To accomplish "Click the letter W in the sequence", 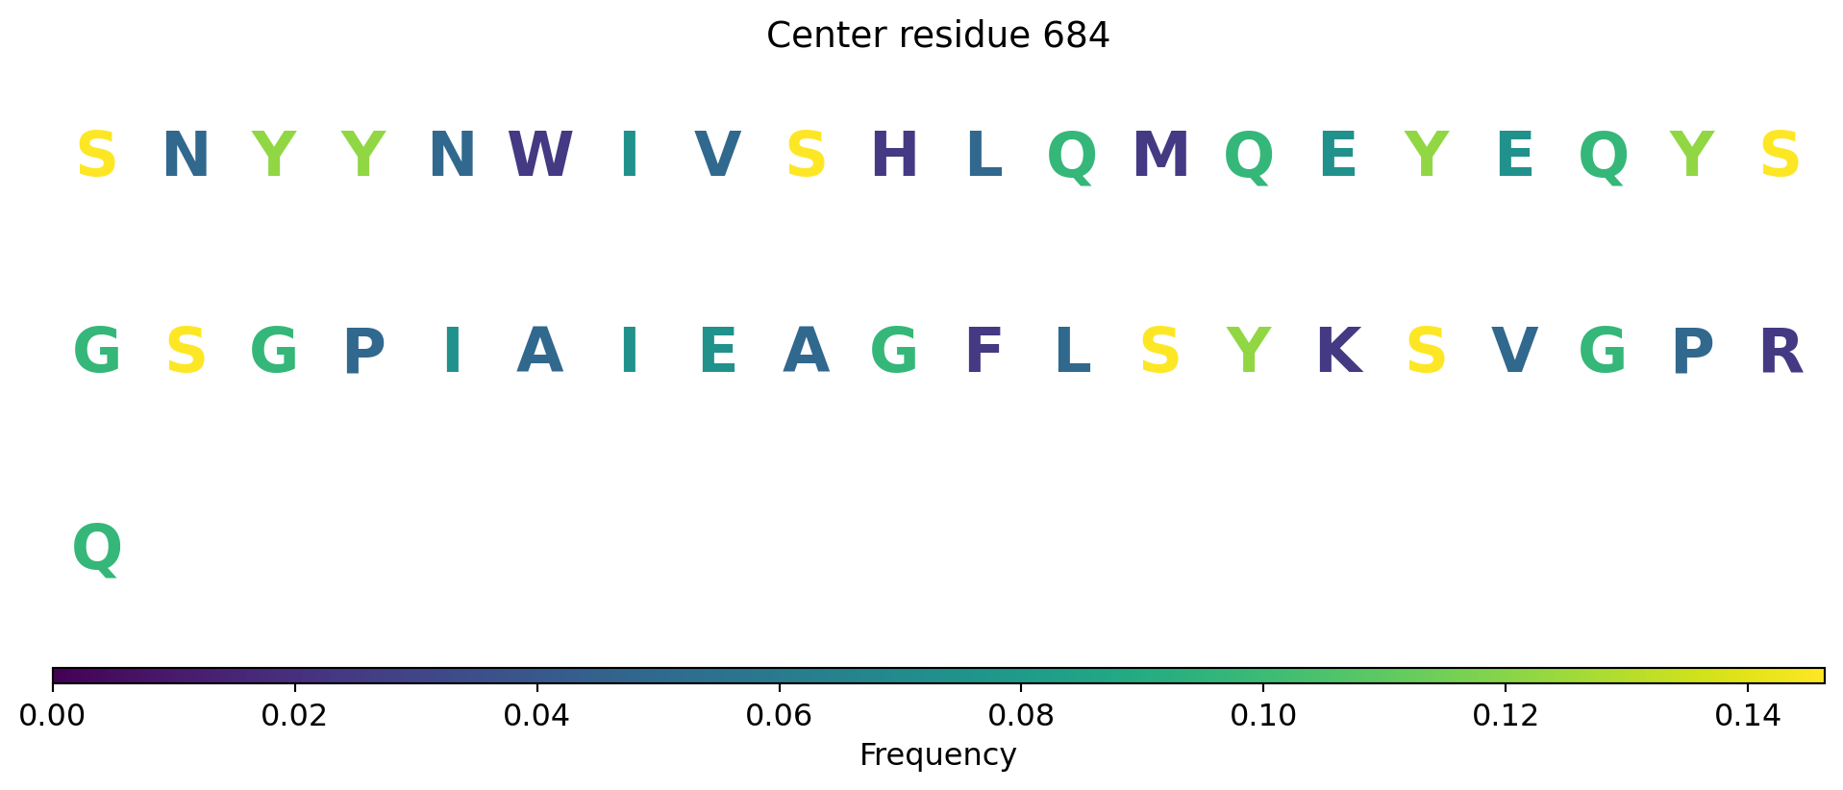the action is [540, 155].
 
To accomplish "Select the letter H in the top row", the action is [894, 155].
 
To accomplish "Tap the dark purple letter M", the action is [1160, 155].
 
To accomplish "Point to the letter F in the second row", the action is [984, 351].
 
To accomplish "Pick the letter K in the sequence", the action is [1338, 351].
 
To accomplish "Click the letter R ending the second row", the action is [1781, 351].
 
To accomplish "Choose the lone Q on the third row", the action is [97, 550].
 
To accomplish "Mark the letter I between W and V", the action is [629, 155].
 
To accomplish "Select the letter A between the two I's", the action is [539, 351].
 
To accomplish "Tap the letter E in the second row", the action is [718, 351].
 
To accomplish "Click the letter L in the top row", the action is [984, 155].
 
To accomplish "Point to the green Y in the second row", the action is [1249, 351].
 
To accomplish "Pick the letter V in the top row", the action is [717, 155].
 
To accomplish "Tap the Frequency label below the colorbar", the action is [938, 755].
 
